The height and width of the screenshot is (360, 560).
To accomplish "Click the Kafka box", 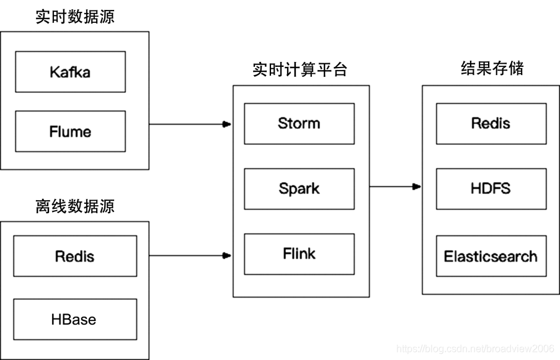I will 70,72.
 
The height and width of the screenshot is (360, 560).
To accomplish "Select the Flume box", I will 70,131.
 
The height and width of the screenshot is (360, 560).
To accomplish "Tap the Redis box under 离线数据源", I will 74,256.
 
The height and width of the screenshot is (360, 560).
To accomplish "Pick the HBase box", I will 74,320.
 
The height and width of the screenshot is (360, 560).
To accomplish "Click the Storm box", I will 299,123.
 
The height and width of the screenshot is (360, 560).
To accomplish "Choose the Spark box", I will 299,188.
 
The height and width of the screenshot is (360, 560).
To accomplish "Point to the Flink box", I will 299,253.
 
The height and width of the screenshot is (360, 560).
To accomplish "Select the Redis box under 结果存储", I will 491,123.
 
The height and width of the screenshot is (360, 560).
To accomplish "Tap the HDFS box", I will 491,188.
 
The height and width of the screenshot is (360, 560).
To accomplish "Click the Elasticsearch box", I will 491,256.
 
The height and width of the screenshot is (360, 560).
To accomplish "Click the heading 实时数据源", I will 74,17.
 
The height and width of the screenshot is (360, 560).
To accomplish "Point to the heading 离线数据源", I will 74,206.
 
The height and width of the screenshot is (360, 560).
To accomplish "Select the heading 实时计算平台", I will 300,69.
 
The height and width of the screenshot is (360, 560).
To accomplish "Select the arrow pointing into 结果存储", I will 394,186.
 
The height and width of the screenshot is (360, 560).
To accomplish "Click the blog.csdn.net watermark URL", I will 474,349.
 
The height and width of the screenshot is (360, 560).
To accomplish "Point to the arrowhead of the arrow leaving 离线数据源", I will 227,255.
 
